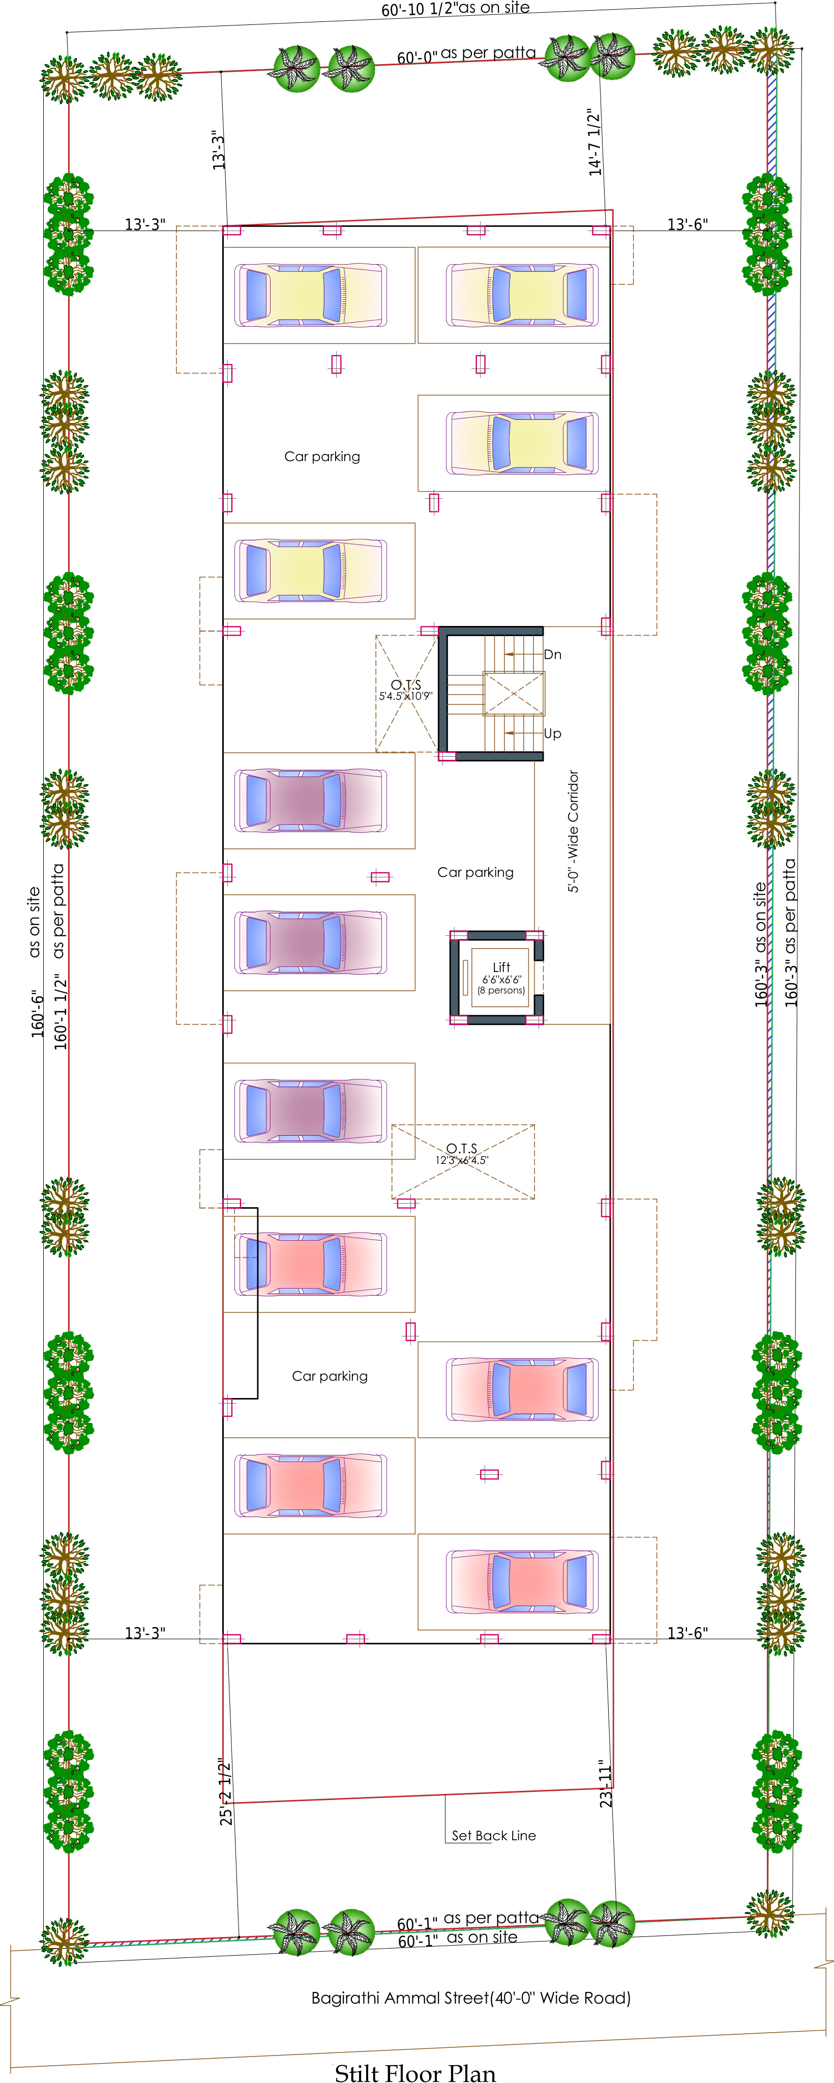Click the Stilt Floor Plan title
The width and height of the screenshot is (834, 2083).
[415, 2067]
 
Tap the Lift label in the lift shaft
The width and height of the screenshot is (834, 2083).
[501, 966]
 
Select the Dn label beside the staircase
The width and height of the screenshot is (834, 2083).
[553, 654]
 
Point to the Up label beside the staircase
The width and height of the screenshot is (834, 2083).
[553, 733]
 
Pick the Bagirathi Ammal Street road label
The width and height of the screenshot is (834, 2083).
[470, 1998]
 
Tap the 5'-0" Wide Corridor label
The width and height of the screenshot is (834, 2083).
[573, 831]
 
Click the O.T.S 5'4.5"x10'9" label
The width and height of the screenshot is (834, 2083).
[406, 690]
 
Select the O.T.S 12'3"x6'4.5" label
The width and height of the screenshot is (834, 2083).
[461, 1154]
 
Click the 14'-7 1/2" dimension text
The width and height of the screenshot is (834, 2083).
[595, 142]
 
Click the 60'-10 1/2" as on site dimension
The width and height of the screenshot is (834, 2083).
[456, 8]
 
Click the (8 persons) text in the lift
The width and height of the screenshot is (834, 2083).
[501, 990]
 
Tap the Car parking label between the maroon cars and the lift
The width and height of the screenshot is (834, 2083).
[475, 872]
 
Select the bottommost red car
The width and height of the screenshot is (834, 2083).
[523, 1582]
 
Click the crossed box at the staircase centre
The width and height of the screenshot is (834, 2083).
[514, 693]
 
